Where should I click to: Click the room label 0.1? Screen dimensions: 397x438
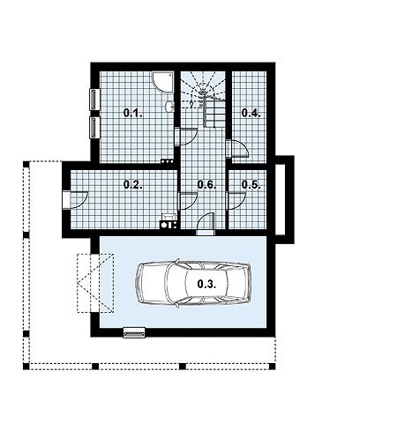[x=133, y=113]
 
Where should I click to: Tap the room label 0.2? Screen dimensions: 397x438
[x=133, y=185]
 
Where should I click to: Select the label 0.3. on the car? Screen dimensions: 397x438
[x=206, y=284]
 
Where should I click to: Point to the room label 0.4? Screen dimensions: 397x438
[x=251, y=113]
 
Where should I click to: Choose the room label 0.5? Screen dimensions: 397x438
[x=251, y=185]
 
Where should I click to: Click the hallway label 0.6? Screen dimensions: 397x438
[x=206, y=185]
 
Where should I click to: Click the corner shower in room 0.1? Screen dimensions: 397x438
[x=163, y=82]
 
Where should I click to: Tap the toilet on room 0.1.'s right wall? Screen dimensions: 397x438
[x=169, y=107]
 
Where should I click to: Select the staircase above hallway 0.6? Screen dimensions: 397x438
[x=203, y=100]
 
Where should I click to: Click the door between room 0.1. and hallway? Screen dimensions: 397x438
[x=186, y=137]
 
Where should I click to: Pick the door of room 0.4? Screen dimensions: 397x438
[x=237, y=149]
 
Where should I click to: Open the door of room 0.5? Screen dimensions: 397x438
[x=236, y=201]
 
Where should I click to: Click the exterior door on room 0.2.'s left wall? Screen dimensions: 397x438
[x=75, y=200]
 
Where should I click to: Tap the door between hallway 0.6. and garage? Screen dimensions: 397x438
[x=206, y=224]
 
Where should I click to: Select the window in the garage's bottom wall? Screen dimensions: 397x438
[x=134, y=333]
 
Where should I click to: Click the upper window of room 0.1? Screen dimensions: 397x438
[x=94, y=100]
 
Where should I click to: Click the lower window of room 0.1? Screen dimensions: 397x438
[x=94, y=128]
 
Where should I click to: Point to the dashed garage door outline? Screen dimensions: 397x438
[x=95, y=283]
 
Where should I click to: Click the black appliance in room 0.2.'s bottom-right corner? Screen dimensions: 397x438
[x=169, y=225]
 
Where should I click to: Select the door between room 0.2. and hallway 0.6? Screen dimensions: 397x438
[x=188, y=201]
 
